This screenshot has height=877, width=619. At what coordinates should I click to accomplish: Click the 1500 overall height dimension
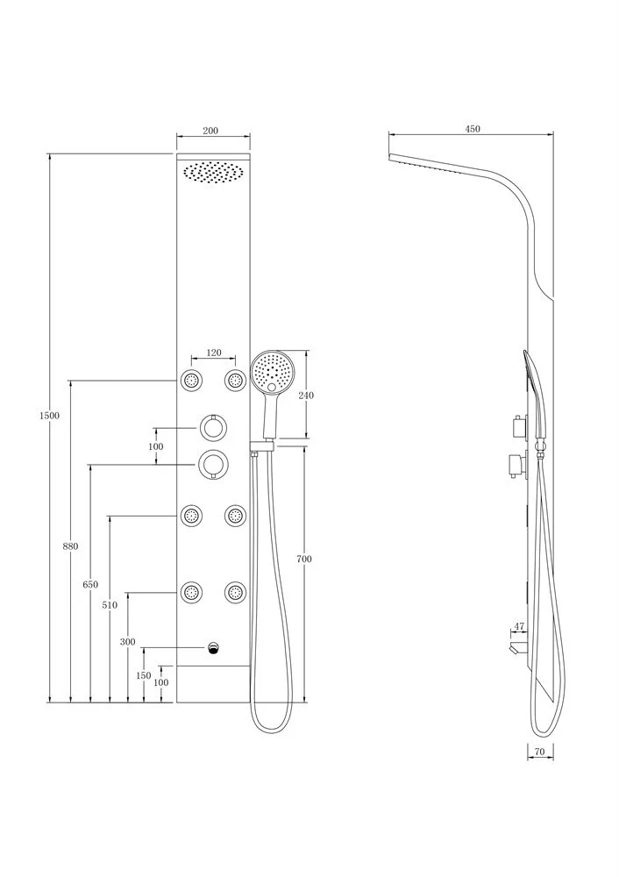point(49,416)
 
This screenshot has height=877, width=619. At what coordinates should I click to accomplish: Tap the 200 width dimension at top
point(210,131)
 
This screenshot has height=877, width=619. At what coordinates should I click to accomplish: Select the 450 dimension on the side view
point(473,129)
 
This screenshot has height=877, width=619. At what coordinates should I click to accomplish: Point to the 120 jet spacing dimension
point(214,353)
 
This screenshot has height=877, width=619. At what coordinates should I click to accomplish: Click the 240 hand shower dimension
point(306,396)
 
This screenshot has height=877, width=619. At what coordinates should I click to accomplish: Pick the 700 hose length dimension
point(304,559)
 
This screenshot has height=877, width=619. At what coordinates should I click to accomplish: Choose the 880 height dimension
point(70,546)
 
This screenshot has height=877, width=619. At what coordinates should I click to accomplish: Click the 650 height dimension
point(90,584)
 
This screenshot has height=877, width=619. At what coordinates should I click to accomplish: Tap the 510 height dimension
point(110,604)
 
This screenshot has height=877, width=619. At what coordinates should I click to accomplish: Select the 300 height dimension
point(127,642)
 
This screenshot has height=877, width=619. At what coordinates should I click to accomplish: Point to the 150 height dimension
point(144,675)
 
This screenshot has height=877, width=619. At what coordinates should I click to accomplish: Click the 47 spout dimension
point(519,626)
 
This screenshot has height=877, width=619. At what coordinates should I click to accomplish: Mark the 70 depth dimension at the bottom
point(539,752)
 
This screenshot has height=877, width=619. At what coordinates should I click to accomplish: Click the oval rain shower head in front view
point(213,171)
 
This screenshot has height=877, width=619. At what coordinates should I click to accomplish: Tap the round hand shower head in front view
point(273,371)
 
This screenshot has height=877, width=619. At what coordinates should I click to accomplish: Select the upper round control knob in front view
point(213,429)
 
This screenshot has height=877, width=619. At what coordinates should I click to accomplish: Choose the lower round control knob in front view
point(213,464)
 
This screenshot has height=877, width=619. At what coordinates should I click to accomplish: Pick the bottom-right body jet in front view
point(235,592)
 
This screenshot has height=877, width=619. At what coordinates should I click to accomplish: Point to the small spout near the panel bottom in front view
point(213,648)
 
